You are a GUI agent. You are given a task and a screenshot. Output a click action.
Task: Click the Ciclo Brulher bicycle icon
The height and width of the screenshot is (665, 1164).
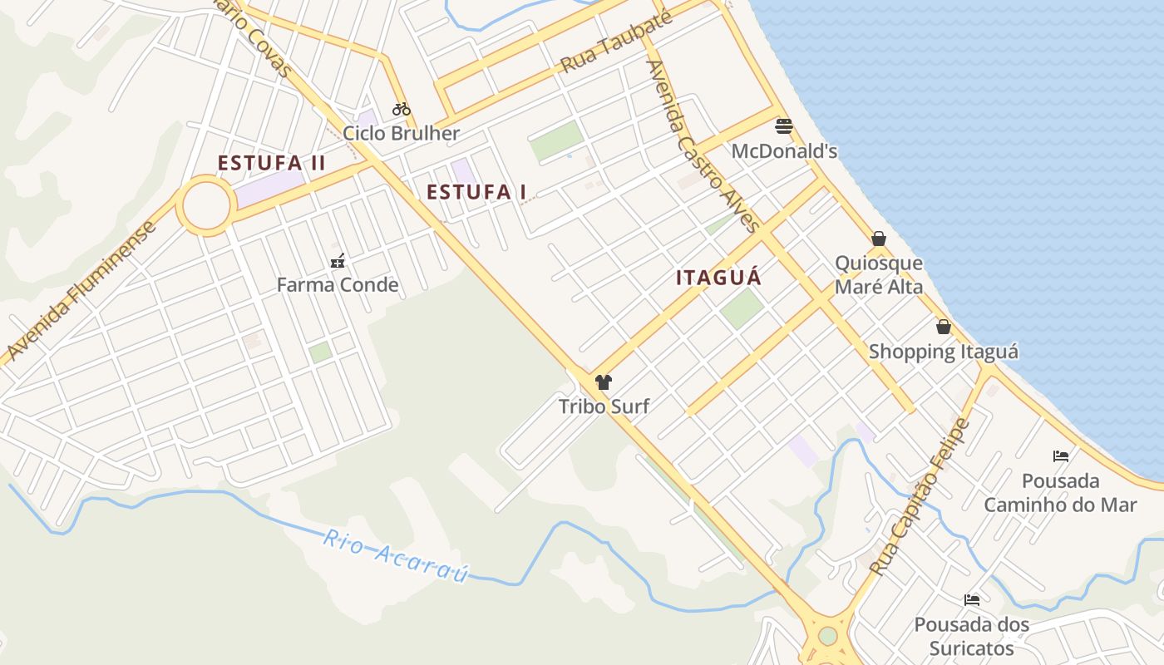click(x=402, y=109)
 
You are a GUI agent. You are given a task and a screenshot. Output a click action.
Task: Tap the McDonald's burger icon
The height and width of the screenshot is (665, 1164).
click(x=783, y=126)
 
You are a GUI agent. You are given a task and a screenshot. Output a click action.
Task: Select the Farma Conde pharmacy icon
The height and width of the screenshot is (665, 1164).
click(x=338, y=261)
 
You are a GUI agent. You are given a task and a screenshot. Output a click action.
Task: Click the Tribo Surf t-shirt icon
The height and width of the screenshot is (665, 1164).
click(x=604, y=382)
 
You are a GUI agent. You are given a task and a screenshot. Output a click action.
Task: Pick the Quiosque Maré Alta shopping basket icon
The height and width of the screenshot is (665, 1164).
click(x=879, y=239)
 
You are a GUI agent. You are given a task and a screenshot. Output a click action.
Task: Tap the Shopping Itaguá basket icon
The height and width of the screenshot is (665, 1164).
click(x=943, y=327)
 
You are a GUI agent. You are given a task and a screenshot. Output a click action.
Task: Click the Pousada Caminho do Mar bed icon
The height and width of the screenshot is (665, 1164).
click(x=1061, y=456)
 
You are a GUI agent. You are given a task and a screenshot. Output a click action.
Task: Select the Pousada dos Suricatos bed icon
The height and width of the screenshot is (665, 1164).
click(x=972, y=599)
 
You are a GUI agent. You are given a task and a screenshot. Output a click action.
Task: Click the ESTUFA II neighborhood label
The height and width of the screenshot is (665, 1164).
click(x=272, y=163)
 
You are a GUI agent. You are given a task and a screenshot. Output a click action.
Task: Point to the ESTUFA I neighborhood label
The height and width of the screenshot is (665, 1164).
click(x=476, y=193)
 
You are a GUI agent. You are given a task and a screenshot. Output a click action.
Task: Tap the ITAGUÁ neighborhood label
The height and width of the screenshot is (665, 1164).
click(x=718, y=278)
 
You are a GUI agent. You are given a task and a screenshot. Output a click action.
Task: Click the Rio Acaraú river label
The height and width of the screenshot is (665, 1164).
click(x=396, y=555)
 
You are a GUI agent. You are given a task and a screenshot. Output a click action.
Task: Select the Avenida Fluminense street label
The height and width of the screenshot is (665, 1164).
click(x=81, y=291)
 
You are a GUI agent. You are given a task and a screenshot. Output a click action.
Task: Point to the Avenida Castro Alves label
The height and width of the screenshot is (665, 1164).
click(x=703, y=146)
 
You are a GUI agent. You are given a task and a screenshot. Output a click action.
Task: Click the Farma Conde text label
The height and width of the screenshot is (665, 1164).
click(x=338, y=285)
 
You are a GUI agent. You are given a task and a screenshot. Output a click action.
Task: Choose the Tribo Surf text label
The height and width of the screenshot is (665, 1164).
click(x=604, y=406)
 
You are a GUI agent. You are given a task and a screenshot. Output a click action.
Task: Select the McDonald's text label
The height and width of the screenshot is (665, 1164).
click(x=784, y=151)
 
